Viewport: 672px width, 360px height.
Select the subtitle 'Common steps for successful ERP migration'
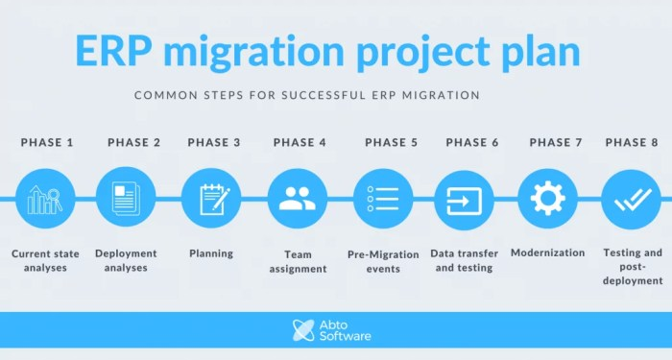(307, 96)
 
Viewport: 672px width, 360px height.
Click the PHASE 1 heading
(47, 142)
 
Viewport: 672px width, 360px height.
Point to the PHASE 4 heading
(300, 142)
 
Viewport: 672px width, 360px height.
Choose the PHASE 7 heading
(556, 142)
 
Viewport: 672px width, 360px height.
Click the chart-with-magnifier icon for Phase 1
(45, 199)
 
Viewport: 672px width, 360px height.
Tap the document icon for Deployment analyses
(127, 199)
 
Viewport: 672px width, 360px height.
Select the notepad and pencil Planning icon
(210, 199)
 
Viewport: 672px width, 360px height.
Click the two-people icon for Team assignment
(297, 199)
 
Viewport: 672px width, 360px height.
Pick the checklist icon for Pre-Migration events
(383, 199)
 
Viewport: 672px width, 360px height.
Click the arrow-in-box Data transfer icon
(465, 199)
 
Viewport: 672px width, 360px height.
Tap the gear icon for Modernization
(547, 199)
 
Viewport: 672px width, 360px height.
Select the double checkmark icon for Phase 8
(631, 199)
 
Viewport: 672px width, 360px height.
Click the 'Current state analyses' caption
(45, 260)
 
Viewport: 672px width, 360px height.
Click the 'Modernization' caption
(547, 252)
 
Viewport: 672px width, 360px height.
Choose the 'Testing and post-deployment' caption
(633, 267)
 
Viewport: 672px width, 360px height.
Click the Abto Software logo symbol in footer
(303, 330)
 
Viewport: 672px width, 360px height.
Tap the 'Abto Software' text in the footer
(346, 330)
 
